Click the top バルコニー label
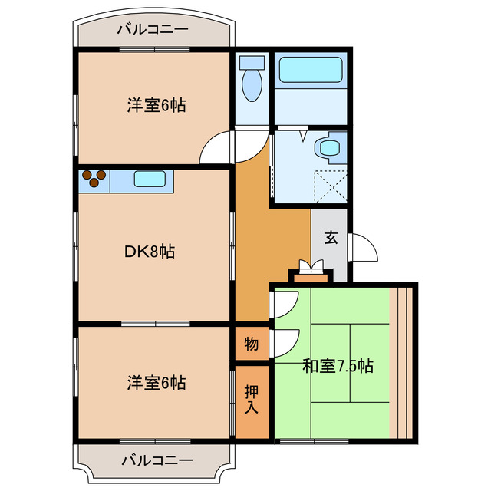click(x=153, y=30)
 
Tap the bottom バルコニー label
click(x=157, y=461)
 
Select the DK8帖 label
click(x=150, y=251)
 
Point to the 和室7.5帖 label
click(x=338, y=366)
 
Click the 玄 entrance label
click(x=331, y=237)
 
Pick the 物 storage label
click(x=251, y=344)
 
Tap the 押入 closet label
click(x=251, y=399)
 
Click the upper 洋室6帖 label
click(x=157, y=105)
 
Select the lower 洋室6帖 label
click(x=157, y=381)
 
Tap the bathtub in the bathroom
click(x=310, y=71)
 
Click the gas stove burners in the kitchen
click(x=94, y=179)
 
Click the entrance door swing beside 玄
click(x=362, y=247)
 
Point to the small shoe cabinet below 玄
click(x=311, y=269)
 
